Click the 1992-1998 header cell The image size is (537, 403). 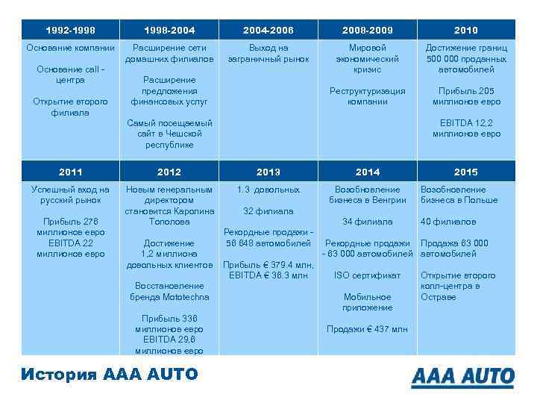[x=70, y=31]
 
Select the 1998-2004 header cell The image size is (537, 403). [x=169, y=31]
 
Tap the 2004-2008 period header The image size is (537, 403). [x=268, y=31]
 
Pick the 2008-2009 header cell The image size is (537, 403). [x=367, y=31]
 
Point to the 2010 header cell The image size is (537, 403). [x=466, y=31]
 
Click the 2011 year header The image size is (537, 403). [x=70, y=172]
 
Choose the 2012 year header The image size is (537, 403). [x=169, y=172]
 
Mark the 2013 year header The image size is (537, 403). [x=268, y=172]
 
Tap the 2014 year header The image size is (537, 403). [x=367, y=172]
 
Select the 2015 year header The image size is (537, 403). [x=466, y=172]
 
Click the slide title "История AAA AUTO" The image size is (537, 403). [x=110, y=374]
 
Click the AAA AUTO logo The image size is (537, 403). [x=462, y=376]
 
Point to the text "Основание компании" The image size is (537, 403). [x=70, y=49]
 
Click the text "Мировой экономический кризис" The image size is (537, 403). [x=367, y=59]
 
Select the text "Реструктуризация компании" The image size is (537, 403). [x=367, y=96]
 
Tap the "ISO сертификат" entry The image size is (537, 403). [x=367, y=275]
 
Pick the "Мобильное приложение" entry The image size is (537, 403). [x=367, y=302]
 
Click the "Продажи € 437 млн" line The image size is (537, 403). [x=367, y=329]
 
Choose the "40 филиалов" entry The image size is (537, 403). [x=448, y=222]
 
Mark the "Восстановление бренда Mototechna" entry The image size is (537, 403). [x=169, y=291]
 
